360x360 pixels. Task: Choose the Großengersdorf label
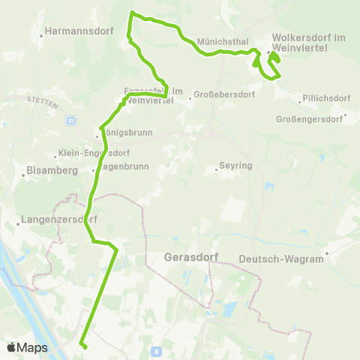pyautogui.click(x=309, y=119)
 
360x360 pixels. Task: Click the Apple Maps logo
pyautogui.click(x=27, y=347)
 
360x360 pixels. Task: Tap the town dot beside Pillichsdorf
pyautogui.click(x=299, y=99)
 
